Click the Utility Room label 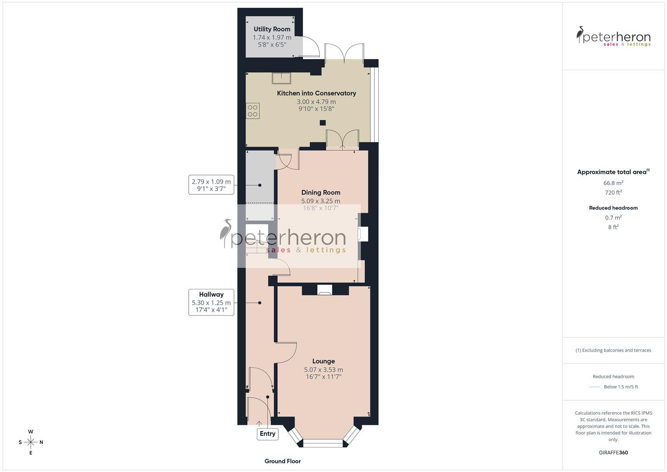[x=272, y=29]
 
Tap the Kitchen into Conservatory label [x=316, y=93]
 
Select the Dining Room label [x=321, y=192]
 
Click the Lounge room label [x=323, y=361]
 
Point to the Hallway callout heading [x=211, y=295]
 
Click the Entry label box [x=267, y=434]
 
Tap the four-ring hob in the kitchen [x=252, y=111]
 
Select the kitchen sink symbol [x=282, y=78]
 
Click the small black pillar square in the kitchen [x=322, y=123]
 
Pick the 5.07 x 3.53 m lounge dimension [x=323, y=370]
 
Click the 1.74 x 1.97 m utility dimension [x=272, y=38]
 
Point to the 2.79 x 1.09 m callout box [x=211, y=185]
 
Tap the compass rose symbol [x=31, y=442]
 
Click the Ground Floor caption [x=283, y=461]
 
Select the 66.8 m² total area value [x=613, y=183]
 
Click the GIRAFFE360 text [x=613, y=452]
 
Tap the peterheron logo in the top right [x=613, y=37]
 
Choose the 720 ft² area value [x=613, y=193]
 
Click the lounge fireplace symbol [x=324, y=290]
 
